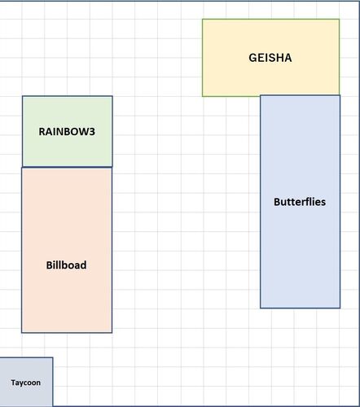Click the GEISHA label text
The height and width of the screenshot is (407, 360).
(270, 58)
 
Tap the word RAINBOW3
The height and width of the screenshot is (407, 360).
(67, 132)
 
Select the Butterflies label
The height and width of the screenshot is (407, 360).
(300, 202)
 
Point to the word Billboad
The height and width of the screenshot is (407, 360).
(66, 265)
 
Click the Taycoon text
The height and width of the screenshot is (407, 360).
(26, 383)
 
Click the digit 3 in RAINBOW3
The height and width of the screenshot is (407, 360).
(92, 132)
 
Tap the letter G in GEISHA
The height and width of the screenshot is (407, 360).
(252, 58)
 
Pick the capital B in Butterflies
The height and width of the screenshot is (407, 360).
(277, 202)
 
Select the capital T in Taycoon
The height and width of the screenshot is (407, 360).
(13, 383)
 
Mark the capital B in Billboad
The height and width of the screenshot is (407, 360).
(49, 265)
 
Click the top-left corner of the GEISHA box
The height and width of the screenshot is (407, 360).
(203, 20)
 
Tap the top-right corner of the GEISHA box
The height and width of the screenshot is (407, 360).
(339, 20)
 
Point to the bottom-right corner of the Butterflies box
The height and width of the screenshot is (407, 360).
(340, 308)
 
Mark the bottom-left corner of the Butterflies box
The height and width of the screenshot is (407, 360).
(261, 308)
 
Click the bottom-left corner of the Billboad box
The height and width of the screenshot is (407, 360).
(22, 332)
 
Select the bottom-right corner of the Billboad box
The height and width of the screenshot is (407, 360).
(112, 332)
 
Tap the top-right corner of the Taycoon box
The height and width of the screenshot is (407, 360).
(53, 357)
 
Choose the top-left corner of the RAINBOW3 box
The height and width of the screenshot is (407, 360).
(23, 96)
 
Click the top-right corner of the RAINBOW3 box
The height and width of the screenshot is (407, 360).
(112, 96)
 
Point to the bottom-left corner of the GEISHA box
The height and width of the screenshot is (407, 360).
(203, 96)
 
